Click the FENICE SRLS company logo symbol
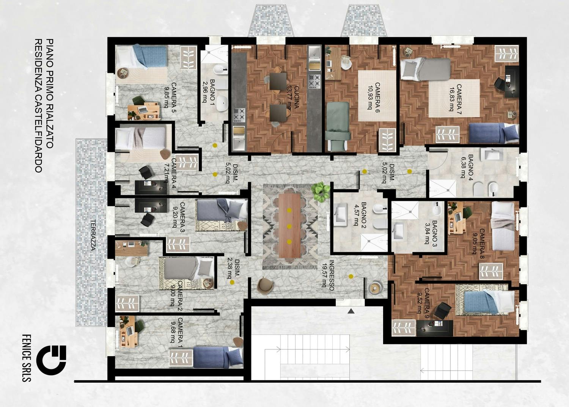[53, 358]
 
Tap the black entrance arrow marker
[351, 311]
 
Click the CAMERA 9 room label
[426, 300]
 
